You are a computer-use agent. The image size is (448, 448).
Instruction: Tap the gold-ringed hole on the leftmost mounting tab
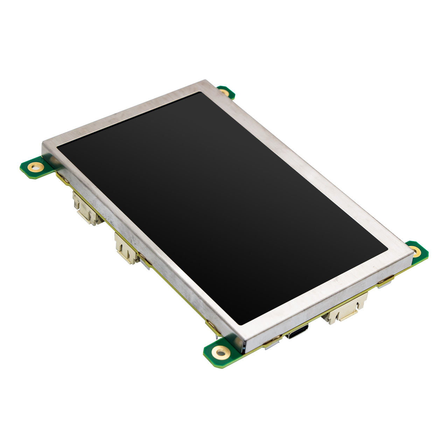(x=35, y=167)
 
